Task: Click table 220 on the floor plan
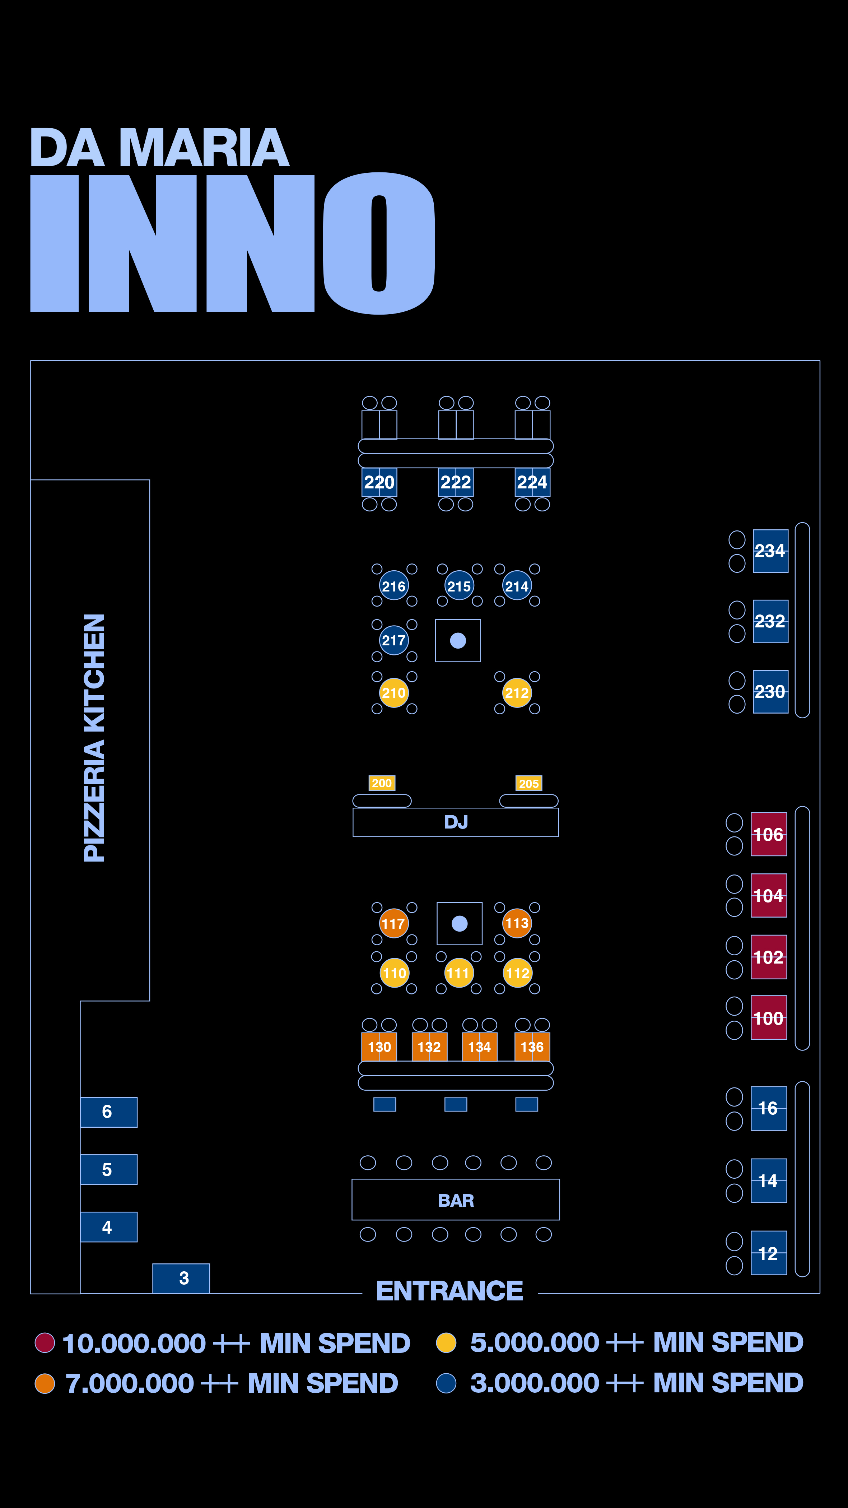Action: point(379,482)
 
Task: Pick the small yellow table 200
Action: point(382,783)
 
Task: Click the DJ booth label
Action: point(456,822)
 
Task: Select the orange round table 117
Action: point(394,923)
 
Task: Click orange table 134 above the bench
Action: point(479,1047)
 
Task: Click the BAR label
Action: point(456,1201)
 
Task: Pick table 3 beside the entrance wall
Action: point(181,1279)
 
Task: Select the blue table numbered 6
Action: point(109,1112)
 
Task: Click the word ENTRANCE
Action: point(449,1291)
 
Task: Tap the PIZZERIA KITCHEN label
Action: point(94,738)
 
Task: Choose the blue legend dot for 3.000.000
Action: point(446,1383)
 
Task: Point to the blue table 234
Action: point(770,551)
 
